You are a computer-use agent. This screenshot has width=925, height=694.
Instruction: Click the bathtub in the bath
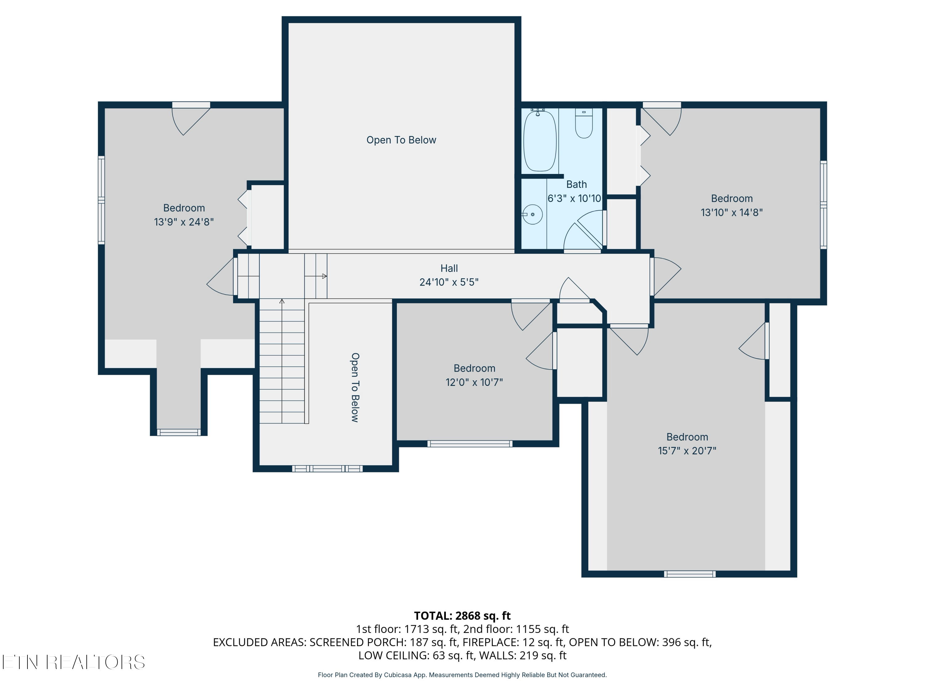pyautogui.click(x=540, y=141)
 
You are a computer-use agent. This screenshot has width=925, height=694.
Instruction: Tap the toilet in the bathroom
pyautogui.click(x=584, y=123)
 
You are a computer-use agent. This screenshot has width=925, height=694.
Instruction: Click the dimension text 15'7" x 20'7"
pyautogui.click(x=687, y=451)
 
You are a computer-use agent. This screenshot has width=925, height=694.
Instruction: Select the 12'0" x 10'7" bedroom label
pyautogui.click(x=474, y=375)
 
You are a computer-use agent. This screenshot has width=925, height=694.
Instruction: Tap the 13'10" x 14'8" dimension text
pyautogui.click(x=731, y=213)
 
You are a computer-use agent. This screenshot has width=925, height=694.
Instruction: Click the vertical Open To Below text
pyautogui.click(x=355, y=387)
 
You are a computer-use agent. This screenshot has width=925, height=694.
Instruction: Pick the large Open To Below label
pyautogui.click(x=401, y=140)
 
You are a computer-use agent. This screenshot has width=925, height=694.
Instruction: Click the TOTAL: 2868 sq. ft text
pyautogui.click(x=462, y=615)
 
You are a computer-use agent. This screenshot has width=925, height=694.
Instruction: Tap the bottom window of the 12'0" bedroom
pyautogui.click(x=470, y=444)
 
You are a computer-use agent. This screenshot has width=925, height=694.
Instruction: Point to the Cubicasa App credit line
pyautogui.click(x=462, y=675)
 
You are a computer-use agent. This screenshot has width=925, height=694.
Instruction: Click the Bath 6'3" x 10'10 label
pyautogui.click(x=575, y=191)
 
